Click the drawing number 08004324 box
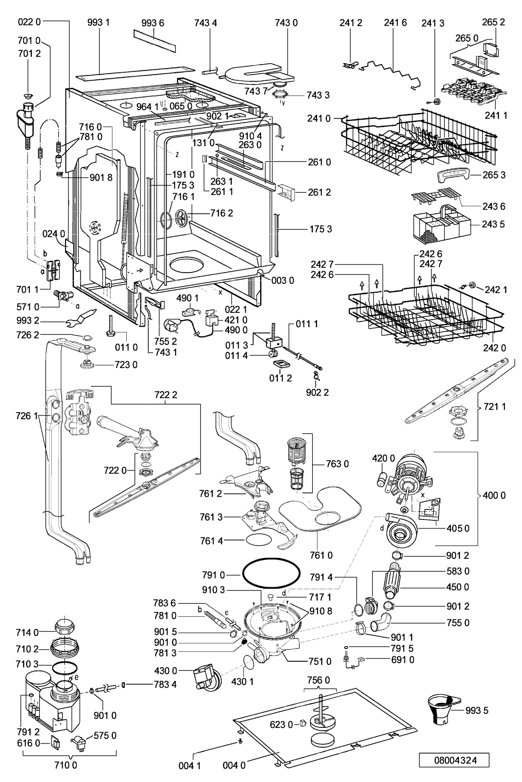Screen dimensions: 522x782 tap(454, 760)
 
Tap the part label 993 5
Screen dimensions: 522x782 tap(477, 710)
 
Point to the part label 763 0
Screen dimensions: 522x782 tap(337, 464)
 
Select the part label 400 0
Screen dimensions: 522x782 tap(494, 495)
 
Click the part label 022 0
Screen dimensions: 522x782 tap(29, 22)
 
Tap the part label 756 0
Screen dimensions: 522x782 tap(318, 680)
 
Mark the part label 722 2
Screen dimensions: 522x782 tap(166, 395)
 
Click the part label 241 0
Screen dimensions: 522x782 tap(318, 119)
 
